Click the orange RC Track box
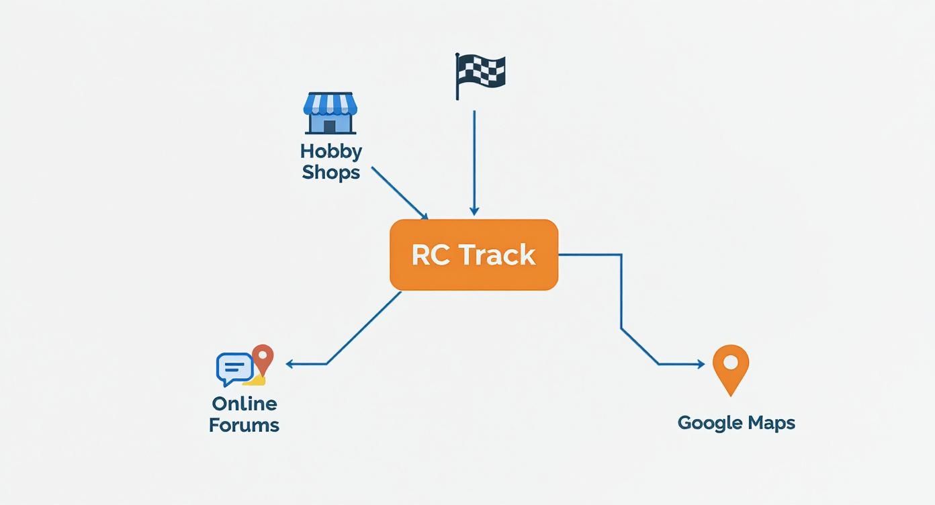[x=474, y=255]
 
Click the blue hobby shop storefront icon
[x=330, y=113]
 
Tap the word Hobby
[x=330, y=150]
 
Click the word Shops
[x=330, y=172]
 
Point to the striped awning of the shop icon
[x=330, y=103]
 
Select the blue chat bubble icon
[x=234, y=368]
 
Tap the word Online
[x=244, y=404]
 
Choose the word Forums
[x=244, y=425]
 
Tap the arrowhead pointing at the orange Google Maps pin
[x=701, y=364]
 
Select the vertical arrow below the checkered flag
[x=474, y=161]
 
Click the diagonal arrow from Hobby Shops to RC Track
[x=399, y=193]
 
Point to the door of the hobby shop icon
[x=329, y=126]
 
